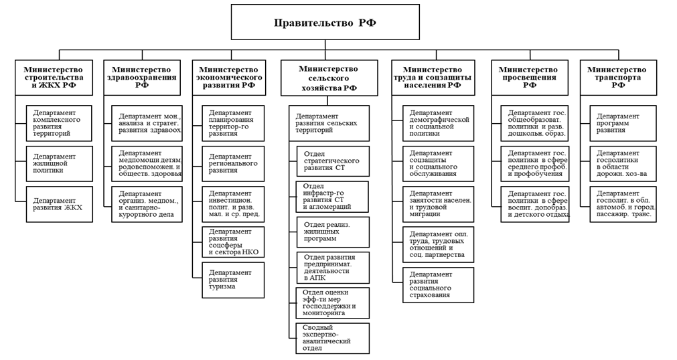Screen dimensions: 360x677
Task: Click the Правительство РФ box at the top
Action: click(325, 23)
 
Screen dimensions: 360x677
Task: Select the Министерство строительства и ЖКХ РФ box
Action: click(53, 78)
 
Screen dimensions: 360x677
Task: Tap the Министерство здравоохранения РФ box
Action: click(141, 78)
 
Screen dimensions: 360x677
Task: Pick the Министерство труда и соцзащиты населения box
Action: click(433, 78)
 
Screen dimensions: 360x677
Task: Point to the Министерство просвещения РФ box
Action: click(528, 78)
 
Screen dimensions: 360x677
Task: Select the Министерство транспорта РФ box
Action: click(617, 78)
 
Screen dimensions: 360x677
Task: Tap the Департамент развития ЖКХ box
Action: click(60, 204)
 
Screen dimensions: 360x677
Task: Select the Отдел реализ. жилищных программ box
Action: click(332, 232)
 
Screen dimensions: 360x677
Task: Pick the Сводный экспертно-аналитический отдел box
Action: click(332, 339)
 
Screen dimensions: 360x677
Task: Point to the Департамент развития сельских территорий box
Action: click(329, 123)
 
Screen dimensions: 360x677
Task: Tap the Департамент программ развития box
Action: click(622, 123)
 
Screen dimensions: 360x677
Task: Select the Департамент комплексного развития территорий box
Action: click(60, 123)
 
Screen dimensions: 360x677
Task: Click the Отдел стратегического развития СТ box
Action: click(332, 161)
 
